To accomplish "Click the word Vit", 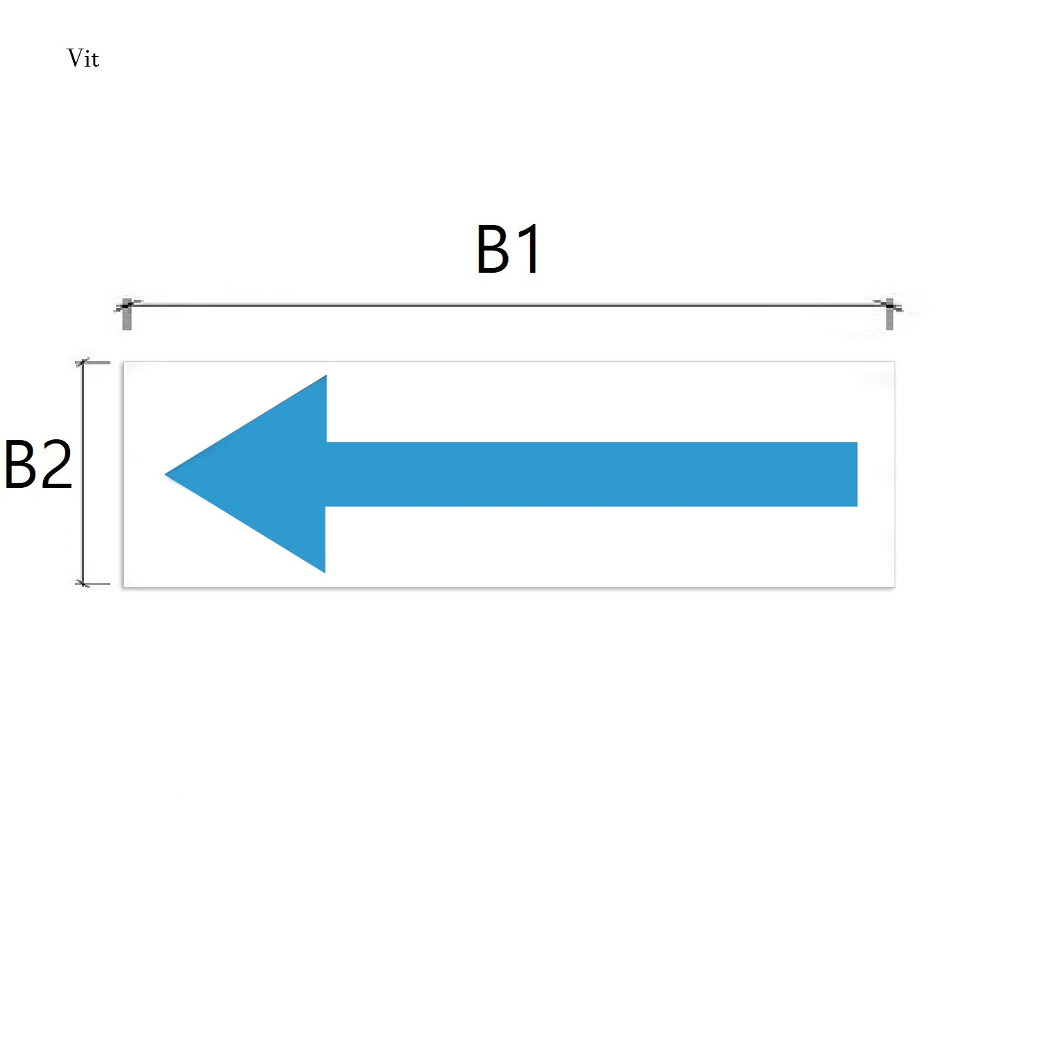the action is [83, 58].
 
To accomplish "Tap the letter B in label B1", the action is [494, 249].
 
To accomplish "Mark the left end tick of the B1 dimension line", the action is [126, 314].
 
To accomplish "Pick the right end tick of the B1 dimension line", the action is [890, 314].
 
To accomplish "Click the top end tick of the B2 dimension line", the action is [92, 362].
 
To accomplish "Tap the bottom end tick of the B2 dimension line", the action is [92, 584].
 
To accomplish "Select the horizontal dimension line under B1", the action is [508, 305].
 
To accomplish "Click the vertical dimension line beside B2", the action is [83, 473].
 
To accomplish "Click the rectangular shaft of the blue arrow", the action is [592, 474].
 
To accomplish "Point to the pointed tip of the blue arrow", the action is [165, 475].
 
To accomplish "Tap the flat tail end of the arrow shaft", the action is [857, 474].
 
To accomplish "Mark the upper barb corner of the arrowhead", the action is [326, 375].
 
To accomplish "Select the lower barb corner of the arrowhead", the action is [325, 573].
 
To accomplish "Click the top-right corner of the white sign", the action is [895, 362].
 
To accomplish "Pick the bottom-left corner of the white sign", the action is [124, 587].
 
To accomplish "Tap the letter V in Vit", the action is [74, 58].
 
